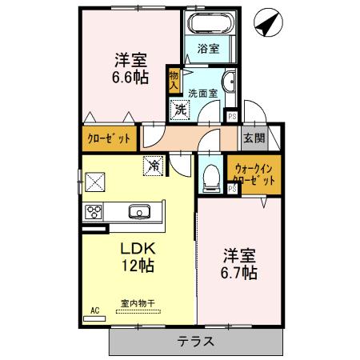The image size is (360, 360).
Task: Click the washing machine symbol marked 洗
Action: (181, 108)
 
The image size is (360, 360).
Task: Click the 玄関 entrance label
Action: (254, 138)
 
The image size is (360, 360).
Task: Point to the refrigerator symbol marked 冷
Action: (152, 166)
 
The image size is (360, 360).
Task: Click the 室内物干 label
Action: (138, 303)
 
